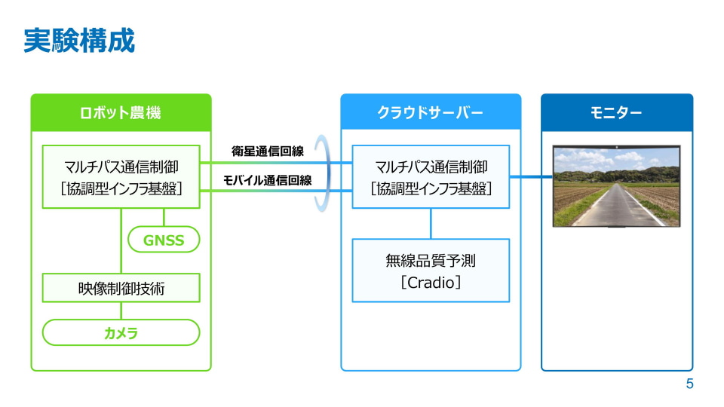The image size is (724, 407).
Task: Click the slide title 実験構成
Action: [x=79, y=41]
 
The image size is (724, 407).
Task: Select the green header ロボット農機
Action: [x=121, y=112]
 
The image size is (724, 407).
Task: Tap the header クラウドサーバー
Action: [x=431, y=112]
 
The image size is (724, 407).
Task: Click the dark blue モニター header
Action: [x=617, y=112]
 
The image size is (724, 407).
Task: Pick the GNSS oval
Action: [x=164, y=240]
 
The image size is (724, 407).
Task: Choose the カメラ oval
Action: [x=121, y=332]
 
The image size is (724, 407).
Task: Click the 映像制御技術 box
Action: [x=121, y=288]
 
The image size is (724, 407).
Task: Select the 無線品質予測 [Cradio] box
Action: [x=431, y=271]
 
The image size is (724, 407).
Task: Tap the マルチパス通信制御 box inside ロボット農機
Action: [x=121, y=176]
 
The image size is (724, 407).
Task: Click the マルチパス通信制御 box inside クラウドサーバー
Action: [x=431, y=176]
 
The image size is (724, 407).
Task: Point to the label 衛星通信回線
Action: [x=268, y=151]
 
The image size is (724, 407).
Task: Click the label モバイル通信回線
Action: [x=268, y=180]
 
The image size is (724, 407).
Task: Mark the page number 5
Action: [x=690, y=384]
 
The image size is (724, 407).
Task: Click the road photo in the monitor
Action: [x=616, y=186]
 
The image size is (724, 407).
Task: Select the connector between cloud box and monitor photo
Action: [x=531, y=176]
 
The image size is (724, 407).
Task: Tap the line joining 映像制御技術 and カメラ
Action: [x=121, y=311]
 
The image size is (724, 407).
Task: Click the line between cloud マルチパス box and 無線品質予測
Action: [x=431, y=224]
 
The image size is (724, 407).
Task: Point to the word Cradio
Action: [x=431, y=282]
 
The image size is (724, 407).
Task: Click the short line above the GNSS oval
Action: [x=164, y=217]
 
